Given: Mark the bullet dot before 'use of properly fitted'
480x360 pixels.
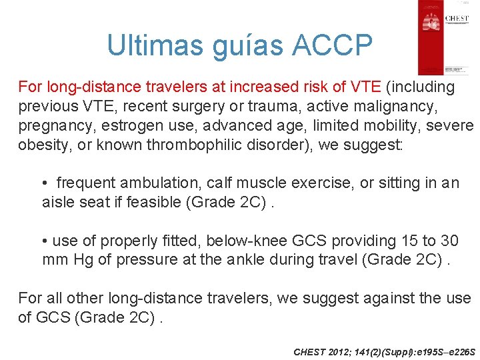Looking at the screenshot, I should coord(45,240).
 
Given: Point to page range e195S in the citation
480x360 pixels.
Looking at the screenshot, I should coord(419,351).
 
